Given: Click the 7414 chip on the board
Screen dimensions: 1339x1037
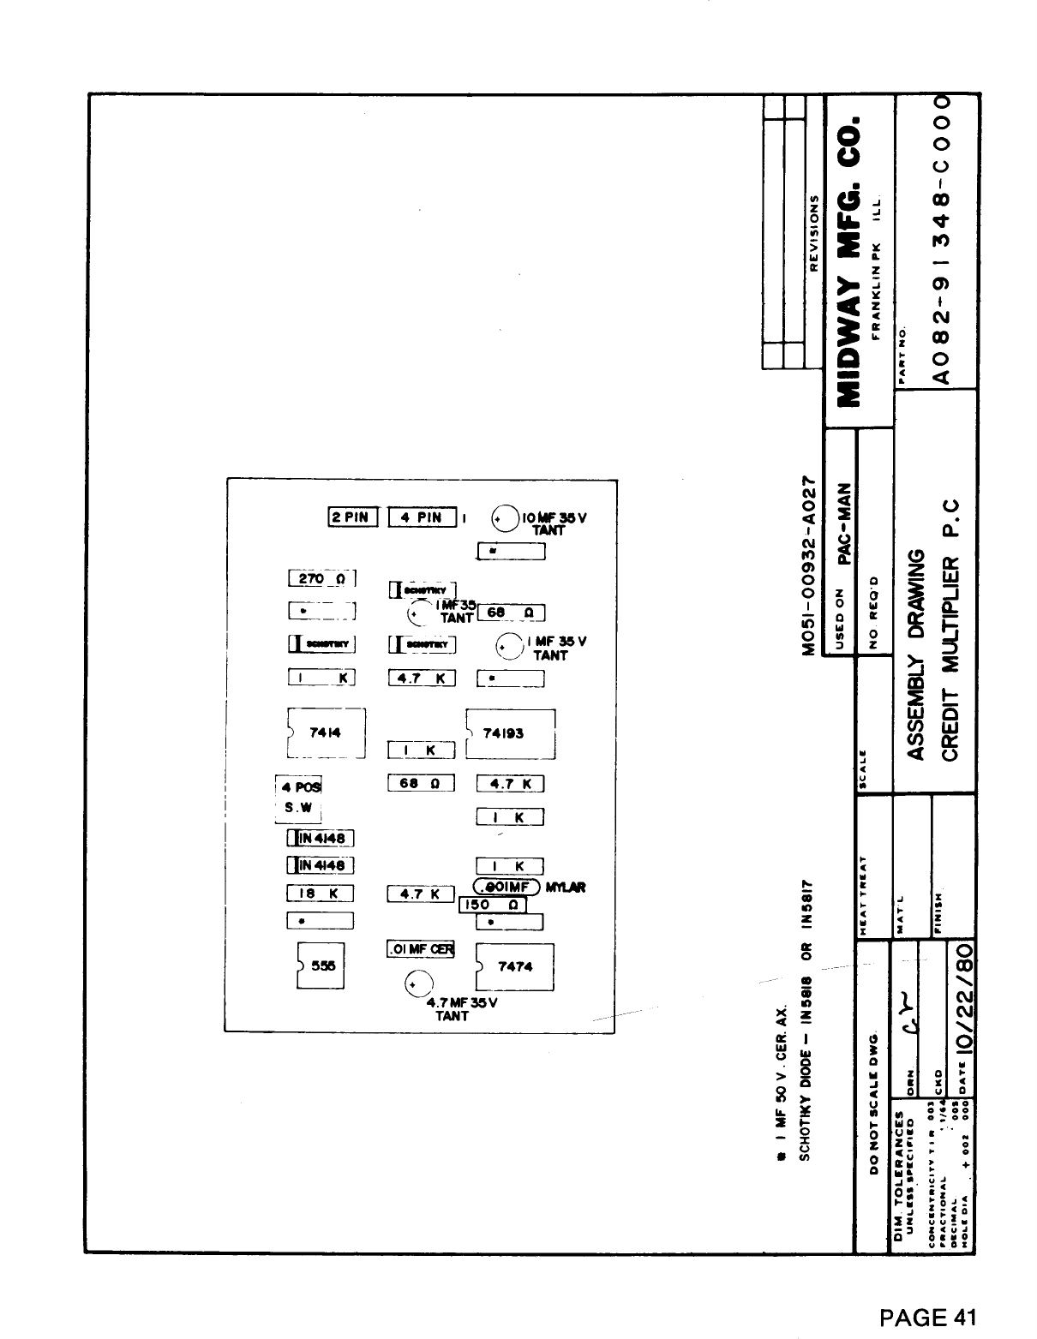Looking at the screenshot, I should [x=327, y=732].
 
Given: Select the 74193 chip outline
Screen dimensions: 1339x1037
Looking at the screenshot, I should [x=511, y=733].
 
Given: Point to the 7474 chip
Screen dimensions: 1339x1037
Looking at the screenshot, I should [x=514, y=966].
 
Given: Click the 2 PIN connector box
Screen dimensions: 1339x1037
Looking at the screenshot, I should [x=352, y=517].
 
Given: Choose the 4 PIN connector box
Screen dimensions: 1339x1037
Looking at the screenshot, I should [x=422, y=517].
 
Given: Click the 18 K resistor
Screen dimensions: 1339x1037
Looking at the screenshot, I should [x=320, y=894].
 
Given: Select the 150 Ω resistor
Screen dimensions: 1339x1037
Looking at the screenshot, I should [x=493, y=906].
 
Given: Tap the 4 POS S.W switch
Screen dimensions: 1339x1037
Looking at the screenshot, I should [x=297, y=798].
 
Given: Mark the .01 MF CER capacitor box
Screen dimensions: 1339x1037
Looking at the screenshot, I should [x=421, y=948].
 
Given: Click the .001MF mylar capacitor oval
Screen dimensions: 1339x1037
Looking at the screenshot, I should [x=506, y=887].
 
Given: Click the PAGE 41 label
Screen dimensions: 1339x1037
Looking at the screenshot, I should [x=928, y=1316].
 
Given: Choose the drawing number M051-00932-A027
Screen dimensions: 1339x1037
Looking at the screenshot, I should [x=807, y=562].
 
